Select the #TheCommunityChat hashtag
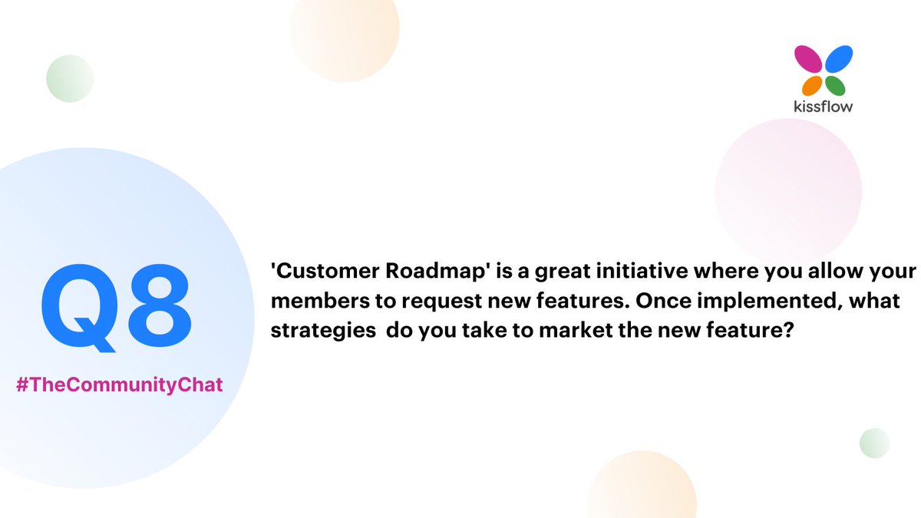tap(120, 384)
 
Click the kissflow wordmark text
tap(823, 106)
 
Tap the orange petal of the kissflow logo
tap(812, 84)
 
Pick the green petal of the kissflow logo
tap(835, 84)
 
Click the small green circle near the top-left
tap(69, 78)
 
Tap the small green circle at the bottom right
tap(874, 444)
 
